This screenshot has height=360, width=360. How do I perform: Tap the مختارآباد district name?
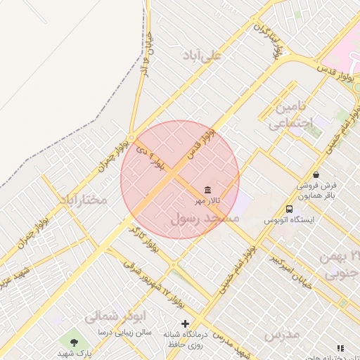(83, 200)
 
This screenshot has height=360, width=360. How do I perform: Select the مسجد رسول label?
(205, 219)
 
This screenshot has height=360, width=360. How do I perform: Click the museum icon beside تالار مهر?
(207, 191)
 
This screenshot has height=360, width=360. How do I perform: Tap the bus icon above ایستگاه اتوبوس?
(289, 209)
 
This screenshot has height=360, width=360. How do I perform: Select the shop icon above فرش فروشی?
(316, 174)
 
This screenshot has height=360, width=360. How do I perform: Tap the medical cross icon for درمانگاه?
(185, 324)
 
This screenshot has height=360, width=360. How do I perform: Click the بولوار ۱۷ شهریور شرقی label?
(149, 280)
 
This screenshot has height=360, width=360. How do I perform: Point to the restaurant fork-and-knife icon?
(341, 348)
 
